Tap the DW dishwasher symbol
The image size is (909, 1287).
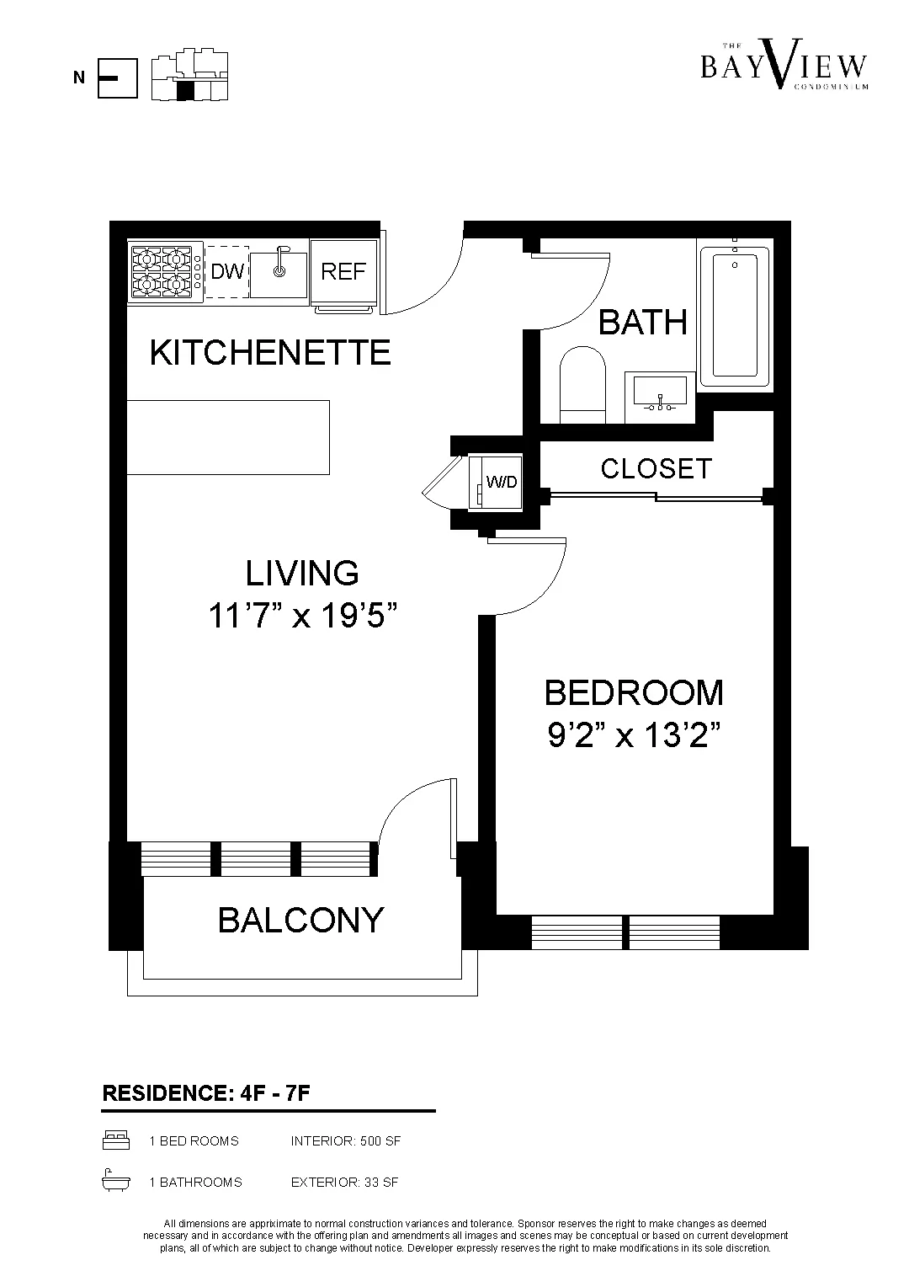point(227,272)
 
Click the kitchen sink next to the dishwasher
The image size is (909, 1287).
point(279,272)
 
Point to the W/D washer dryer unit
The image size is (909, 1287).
point(497,482)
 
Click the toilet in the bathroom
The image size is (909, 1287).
point(582,385)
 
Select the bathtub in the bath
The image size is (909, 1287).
point(735,316)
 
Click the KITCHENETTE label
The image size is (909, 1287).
point(270,352)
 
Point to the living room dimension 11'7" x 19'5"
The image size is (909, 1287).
point(302,617)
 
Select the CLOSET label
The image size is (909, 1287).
point(656,468)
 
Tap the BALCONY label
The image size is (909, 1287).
point(300,920)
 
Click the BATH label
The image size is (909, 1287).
point(642,322)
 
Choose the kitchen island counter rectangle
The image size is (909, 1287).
point(227,437)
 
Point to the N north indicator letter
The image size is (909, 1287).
point(79,78)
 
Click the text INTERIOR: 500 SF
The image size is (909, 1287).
point(345,1141)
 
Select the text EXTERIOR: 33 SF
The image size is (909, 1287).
point(344,1182)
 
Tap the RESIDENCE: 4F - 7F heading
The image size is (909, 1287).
point(207,1093)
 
